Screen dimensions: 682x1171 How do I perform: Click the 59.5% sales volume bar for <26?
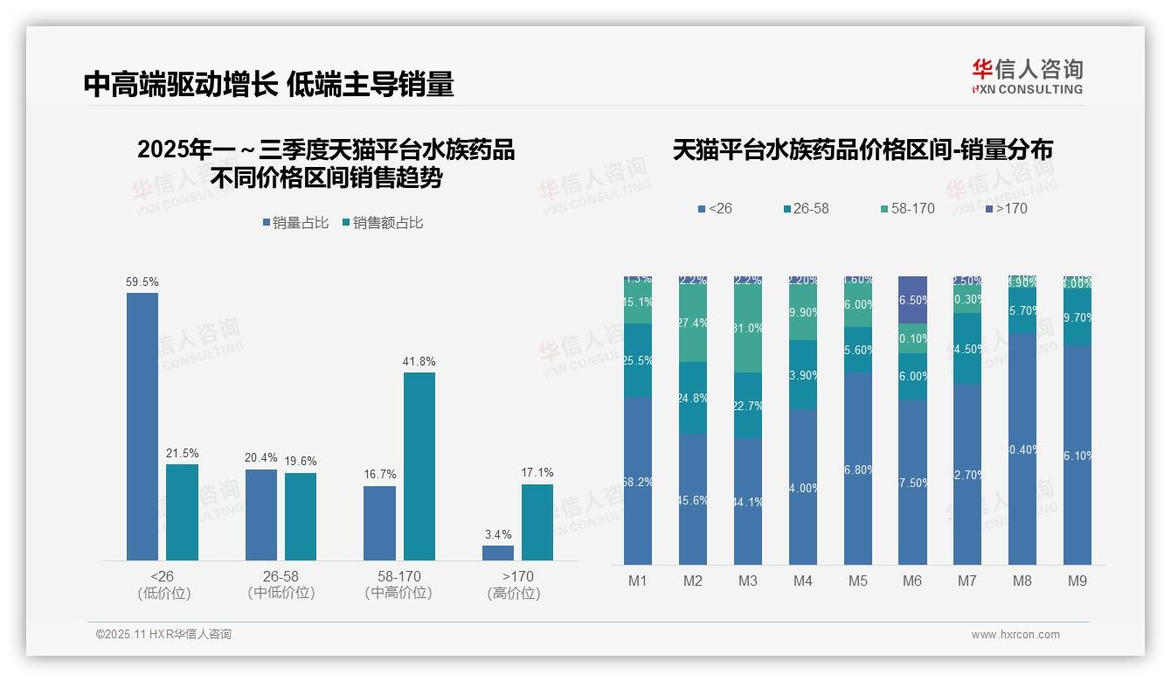pos(142,426)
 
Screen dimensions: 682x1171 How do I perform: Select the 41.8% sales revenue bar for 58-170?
pos(419,466)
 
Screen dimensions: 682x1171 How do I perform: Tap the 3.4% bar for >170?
pos(498,553)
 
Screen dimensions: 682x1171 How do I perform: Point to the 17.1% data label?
pos(537,473)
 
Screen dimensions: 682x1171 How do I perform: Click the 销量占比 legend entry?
pos(295,223)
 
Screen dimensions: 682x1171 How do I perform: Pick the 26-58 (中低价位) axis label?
pos(281,584)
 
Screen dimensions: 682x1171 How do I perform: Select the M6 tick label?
pos(912,581)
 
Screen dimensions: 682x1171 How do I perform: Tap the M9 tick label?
pos(1077,581)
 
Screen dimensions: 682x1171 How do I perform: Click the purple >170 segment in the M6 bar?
pos(912,300)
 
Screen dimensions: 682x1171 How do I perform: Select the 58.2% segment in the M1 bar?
pos(638,480)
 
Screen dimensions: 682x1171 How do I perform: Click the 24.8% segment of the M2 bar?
pos(693,398)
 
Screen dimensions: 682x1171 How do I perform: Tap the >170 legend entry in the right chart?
pos(1006,209)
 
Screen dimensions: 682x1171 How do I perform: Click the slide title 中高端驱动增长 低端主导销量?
pos(269,84)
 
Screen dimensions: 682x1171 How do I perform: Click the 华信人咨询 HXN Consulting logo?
pos(1027,76)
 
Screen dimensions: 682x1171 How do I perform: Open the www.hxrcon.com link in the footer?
pos(1015,635)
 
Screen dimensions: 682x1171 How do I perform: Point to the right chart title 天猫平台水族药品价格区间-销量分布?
pos(863,150)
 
